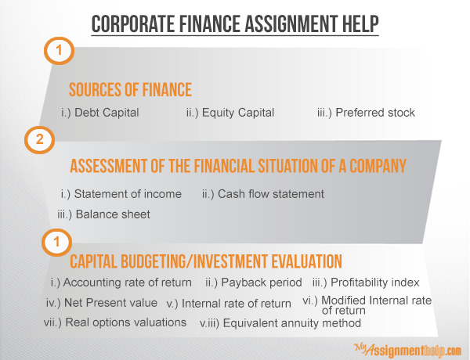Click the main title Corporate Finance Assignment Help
[x=235, y=24]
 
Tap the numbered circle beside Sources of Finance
[x=59, y=51]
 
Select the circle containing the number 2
[x=40, y=139]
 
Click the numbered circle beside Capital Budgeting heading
[x=56, y=242]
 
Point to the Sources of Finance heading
[x=130, y=89]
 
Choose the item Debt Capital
[x=99, y=113]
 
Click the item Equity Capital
[x=230, y=113]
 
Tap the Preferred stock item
[x=366, y=113]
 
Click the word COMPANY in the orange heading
[x=378, y=166]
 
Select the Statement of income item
[x=121, y=194]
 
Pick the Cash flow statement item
[x=263, y=194]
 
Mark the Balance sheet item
[x=103, y=214]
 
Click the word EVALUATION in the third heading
[x=306, y=261]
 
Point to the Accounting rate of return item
[x=121, y=283]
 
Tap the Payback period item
[x=254, y=283]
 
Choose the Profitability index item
[x=366, y=283]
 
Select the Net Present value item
[x=102, y=303]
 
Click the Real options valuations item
[x=115, y=322]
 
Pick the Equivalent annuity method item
[x=280, y=323]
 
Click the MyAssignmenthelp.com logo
[x=407, y=350]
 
